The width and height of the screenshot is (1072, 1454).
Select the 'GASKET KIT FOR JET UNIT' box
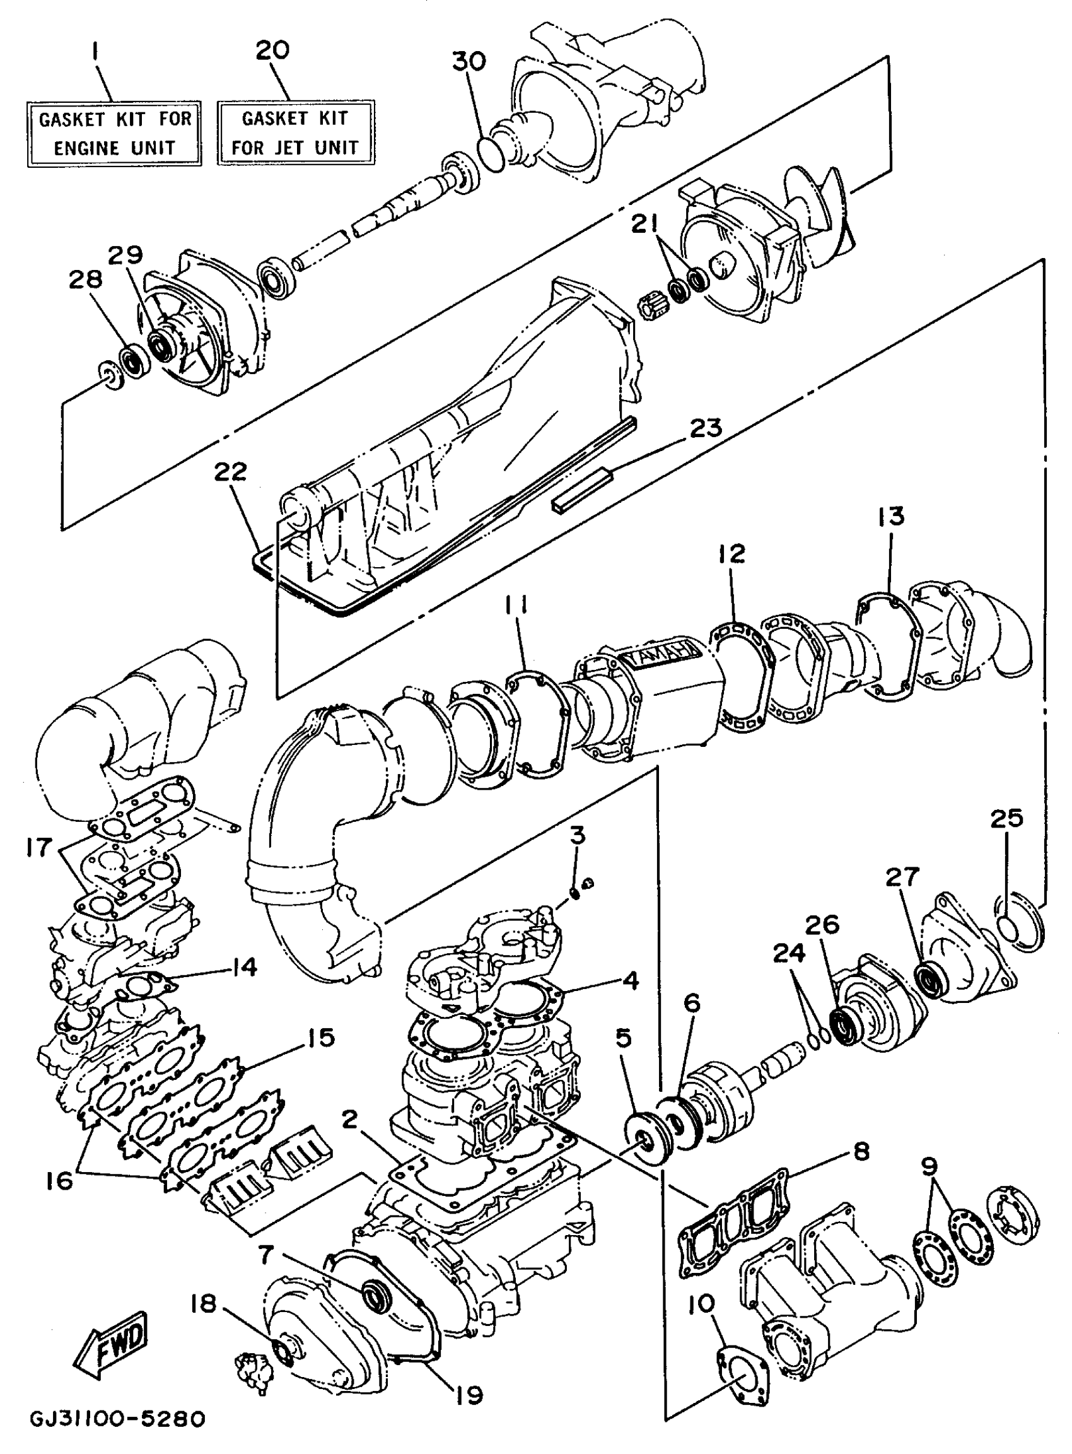coord(295,132)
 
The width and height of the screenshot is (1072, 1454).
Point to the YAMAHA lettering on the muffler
coord(661,654)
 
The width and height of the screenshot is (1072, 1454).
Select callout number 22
coord(231,472)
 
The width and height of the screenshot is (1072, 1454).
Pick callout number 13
coord(891,517)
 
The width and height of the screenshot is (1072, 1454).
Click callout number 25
coord(1006,819)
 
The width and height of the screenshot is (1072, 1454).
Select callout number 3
coord(578,835)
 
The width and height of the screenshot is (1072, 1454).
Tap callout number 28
coord(86,281)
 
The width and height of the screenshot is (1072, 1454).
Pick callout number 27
coord(904,877)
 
